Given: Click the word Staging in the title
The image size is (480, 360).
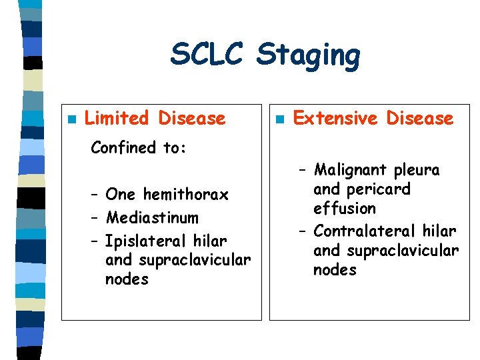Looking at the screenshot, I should tap(308, 56).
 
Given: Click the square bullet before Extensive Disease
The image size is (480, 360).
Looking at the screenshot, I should tap(280, 120).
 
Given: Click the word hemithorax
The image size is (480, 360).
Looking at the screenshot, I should tap(186, 195).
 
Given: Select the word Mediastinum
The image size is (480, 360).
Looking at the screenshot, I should tap(152, 217).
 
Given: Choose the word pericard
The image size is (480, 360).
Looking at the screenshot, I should tap(381, 190).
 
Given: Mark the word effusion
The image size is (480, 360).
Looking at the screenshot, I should tap(345, 209).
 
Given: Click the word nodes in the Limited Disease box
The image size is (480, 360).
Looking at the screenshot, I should tap(127, 279).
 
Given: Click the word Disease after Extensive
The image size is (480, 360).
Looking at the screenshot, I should tap(420, 119).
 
